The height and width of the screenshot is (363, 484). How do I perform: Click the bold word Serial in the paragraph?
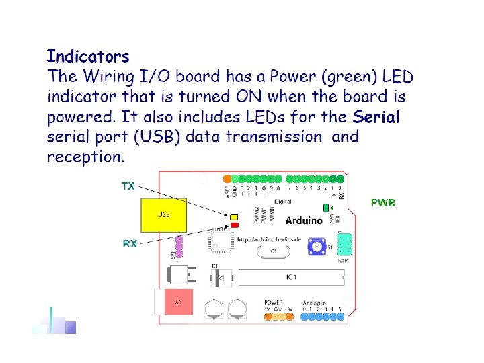click(376, 117)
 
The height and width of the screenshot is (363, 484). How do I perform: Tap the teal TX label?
click(128, 186)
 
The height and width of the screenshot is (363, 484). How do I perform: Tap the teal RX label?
click(130, 244)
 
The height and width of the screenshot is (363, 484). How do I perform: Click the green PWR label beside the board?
click(383, 202)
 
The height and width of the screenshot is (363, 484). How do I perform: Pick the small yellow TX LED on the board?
click(234, 217)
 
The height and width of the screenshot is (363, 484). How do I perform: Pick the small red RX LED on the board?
click(234, 225)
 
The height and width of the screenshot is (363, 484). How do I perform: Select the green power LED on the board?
click(327, 208)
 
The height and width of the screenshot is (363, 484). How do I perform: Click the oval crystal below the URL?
click(273, 251)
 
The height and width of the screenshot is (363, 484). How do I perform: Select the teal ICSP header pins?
click(345, 244)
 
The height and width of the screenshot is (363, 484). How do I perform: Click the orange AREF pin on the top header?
click(227, 179)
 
